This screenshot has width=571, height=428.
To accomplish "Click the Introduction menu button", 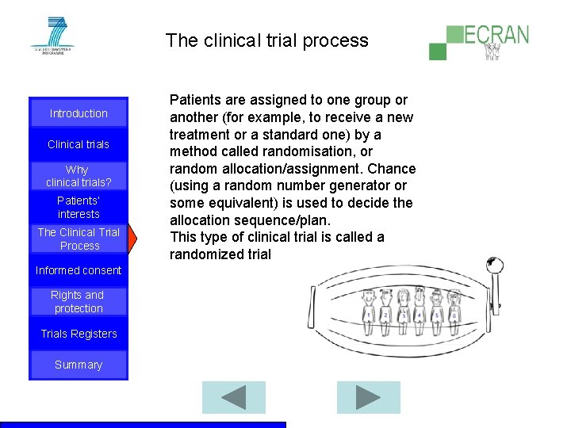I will point(79,113).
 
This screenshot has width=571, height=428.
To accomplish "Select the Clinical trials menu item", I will point(79,144).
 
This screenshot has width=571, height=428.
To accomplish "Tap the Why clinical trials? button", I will point(78,176).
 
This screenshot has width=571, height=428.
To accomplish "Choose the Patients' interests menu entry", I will point(79,208).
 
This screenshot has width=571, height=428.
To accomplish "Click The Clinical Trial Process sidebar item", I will point(79,239).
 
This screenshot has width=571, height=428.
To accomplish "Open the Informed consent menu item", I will point(79,270).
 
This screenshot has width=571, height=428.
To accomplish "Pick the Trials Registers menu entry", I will point(79,334).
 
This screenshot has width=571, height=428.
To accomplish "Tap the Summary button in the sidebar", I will point(79,365).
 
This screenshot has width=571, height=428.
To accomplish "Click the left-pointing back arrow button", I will point(233,397).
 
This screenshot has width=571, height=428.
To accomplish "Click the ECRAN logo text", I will point(496,36).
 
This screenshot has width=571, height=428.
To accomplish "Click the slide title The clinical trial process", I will point(267,40).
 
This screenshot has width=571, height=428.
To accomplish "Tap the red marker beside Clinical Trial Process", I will point(132,239).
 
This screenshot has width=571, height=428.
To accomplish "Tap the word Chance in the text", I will point(391,169).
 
